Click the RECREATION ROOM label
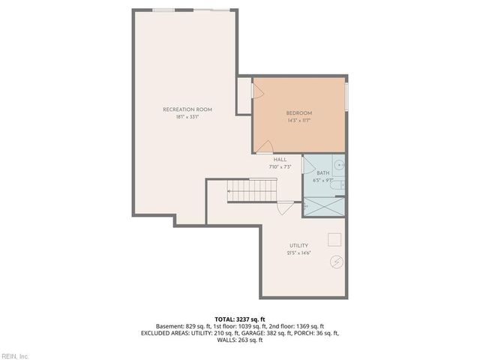[187, 109]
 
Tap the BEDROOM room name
[298, 112]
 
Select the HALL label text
[280, 160]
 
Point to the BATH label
[322, 173]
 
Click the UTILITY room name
[298, 246]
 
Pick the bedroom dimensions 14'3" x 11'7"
[298, 120]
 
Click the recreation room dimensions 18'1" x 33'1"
[187, 117]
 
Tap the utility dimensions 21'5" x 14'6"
[298, 253]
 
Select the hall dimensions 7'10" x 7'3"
[280, 166]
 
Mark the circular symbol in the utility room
[337, 262]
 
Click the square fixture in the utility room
[334, 239]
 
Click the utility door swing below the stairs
[283, 208]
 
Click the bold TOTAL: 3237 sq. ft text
[239, 319]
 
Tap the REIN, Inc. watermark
[14, 355]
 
